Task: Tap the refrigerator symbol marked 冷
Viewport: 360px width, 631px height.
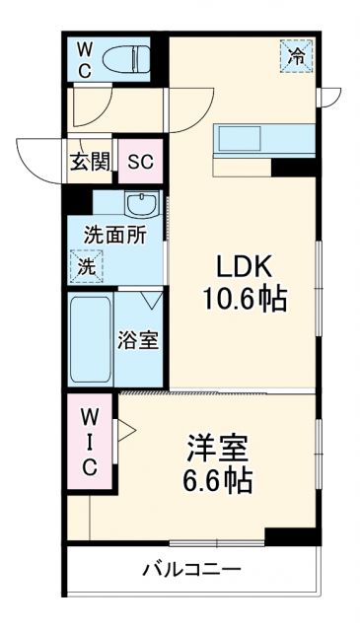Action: [296, 54]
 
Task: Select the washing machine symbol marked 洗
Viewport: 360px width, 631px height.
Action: [86, 264]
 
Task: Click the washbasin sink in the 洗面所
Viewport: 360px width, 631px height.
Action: [143, 206]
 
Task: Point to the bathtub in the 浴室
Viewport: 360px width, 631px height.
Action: [91, 340]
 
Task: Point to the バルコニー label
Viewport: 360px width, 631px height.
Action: [191, 569]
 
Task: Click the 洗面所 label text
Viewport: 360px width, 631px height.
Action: [114, 236]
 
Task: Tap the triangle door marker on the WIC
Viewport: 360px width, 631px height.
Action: [125, 430]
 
